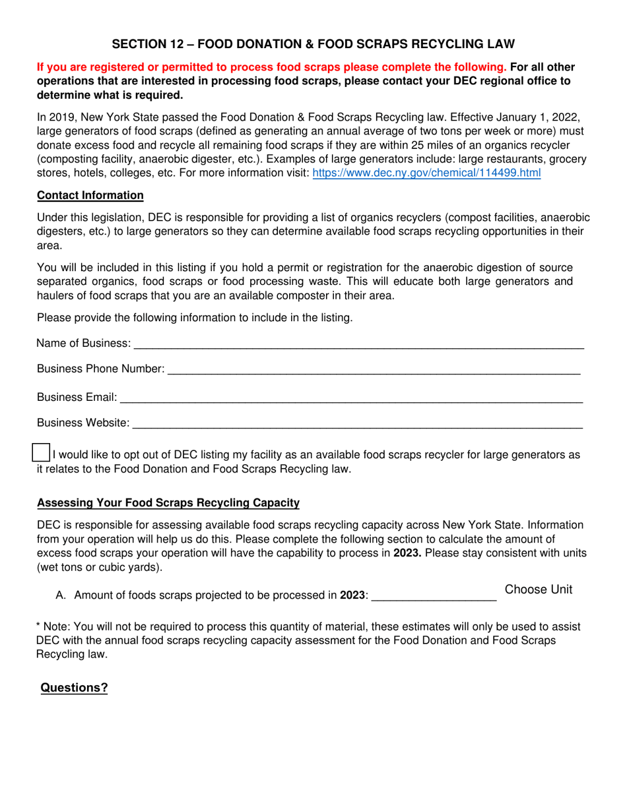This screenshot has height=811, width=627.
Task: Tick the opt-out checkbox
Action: pos(41,453)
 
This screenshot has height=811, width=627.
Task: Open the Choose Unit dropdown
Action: pos(538,589)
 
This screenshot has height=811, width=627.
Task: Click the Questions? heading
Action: pos(75,688)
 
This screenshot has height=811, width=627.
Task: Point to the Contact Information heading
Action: pos(90,195)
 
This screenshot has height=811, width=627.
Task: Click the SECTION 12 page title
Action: pos(313,44)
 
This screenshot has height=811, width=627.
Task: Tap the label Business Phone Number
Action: pos(100,369)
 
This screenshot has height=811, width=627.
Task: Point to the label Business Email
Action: pos(77,397)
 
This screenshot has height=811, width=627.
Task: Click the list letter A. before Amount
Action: pos(61,595)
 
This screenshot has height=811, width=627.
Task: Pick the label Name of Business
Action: pos(83,343)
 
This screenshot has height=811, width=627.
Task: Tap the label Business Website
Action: pos(83,423)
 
